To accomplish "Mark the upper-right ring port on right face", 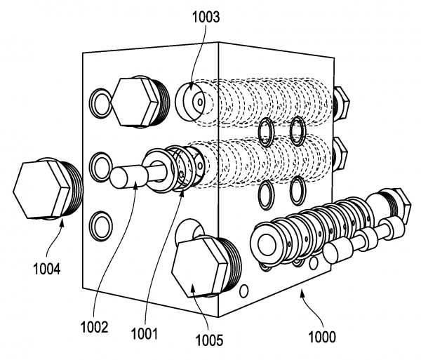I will point(298,128).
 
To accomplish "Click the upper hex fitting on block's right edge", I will point(342,102).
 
